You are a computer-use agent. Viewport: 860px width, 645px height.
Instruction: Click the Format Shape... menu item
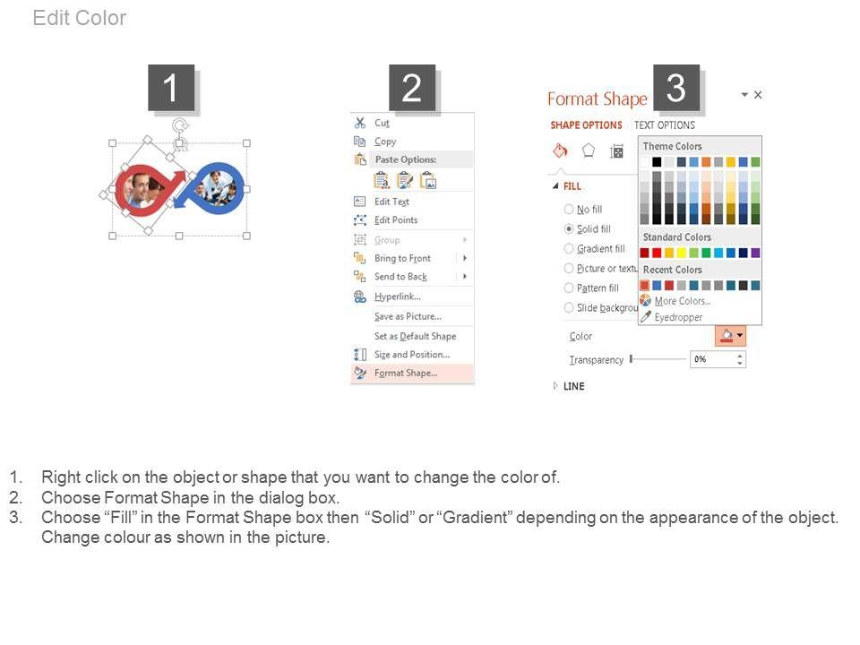click(x=405, y=373)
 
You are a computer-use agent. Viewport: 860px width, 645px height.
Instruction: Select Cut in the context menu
click(x=382, y=123)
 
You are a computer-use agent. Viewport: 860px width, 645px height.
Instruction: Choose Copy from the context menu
click(x=385, y=142)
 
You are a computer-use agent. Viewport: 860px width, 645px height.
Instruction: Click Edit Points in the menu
click(x=395, y=220)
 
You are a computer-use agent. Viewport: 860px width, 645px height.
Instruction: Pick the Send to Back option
click(x=400, y=277)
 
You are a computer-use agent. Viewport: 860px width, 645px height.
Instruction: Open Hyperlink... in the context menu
click(x=397, y=297)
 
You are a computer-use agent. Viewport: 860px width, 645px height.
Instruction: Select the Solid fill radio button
click(x=569, y=228)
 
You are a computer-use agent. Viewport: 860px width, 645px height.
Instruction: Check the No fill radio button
click(x=569, y=209)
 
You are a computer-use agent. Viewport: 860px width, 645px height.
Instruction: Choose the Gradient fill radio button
click(x=569, y=248)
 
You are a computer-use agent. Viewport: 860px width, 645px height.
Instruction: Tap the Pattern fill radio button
click(x=569, y=288)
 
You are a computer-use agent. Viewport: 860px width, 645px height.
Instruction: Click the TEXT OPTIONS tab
click(x=664, y=125)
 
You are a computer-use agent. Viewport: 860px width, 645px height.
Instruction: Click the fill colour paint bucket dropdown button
click(x=730, y=336)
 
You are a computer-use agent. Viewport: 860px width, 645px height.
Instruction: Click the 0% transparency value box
click(x=718, y=359)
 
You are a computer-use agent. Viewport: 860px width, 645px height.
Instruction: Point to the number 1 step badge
click(x=171, y=88)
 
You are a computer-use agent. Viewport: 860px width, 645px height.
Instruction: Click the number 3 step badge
click(x=675, y=88)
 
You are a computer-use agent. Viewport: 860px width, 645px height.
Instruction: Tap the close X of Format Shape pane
click(x=758, y=95)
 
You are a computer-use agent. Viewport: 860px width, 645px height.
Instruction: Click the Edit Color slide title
click(x=80, y=18)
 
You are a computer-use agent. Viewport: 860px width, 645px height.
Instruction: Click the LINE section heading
click(x=573, y=386)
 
